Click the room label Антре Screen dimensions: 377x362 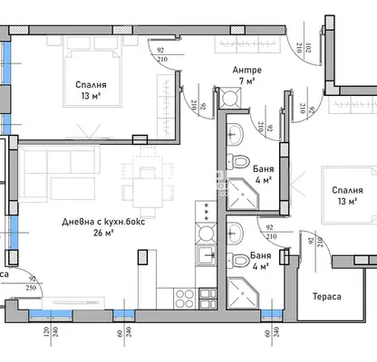[246, 70]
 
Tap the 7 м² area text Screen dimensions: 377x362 [247, 81]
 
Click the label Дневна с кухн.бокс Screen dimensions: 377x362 [103, 222]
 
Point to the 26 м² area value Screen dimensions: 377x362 [103, 233]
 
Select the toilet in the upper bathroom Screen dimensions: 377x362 [237, 161]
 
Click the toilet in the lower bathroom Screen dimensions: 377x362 [237, 261]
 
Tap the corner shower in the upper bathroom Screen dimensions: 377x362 [243, 194]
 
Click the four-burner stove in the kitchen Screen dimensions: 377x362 [185, 299]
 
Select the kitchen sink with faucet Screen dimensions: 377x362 [206, 255]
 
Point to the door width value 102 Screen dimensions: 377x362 [308, 48]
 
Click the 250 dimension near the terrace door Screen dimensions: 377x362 [31, 288]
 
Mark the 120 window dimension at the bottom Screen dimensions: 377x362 [46, 332]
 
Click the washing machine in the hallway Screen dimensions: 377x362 [230, 97]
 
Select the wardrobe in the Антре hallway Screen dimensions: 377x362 [247, 44]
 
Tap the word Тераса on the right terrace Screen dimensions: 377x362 [327, 297]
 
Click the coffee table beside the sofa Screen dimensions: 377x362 [72, 188]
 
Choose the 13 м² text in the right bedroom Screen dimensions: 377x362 [348, 201]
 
